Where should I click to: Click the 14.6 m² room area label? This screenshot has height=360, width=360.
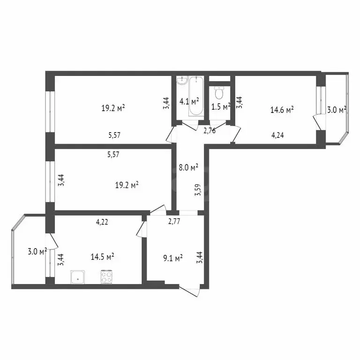[x=282, y=110]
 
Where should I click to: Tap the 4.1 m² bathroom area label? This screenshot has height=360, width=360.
[x=189, y=101]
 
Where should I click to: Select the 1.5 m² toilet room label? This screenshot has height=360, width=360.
[x=220, y=107]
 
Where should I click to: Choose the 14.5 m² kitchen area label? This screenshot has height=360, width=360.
[x=103, y=257]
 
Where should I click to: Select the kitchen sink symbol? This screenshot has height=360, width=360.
[x=77, y=277]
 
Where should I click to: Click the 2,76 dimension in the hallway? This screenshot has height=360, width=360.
[x=209, y=131]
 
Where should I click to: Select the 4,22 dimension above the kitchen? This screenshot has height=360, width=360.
[x=103, y=223]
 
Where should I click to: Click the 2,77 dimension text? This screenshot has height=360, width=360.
[x=174, y=223]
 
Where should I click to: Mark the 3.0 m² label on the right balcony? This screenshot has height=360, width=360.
[x=337, y=110]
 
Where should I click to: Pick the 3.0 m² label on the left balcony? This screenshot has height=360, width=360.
[x=37, y=252]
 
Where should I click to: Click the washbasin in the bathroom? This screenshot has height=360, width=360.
[x=181, y=82]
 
